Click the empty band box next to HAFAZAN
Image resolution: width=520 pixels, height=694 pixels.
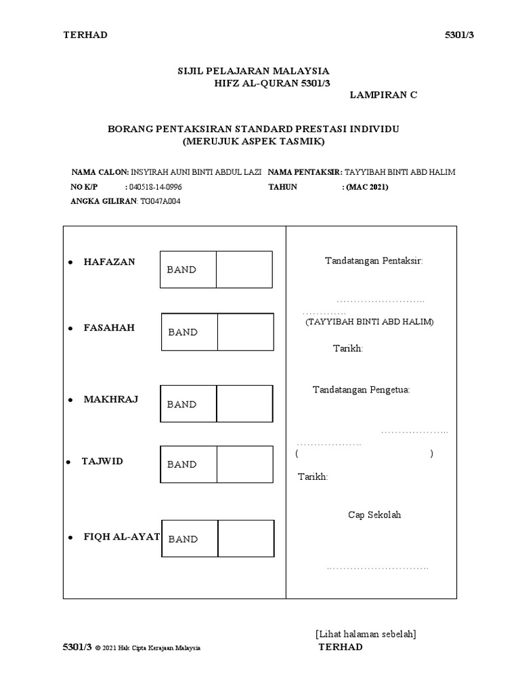pyautogui.click(x=244, y=269)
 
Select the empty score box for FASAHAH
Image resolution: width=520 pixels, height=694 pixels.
pyautogui.click(x=245, y=331)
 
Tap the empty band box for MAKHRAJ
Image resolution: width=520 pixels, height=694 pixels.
pyautogui.click(x=244, y=404)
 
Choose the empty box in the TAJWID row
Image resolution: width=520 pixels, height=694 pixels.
pyautogui.click(x=244, y=464)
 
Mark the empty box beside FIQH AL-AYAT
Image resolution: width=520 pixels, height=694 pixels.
pyautogui.click(x=246, y=539)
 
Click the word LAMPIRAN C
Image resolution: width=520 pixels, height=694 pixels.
pyautogui.click(x=383, y=95)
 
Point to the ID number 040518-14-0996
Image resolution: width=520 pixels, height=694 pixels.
pyautogui.click(x=155, y=186)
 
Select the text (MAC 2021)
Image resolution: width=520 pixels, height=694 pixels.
pyautogui.click(x=368, y=186)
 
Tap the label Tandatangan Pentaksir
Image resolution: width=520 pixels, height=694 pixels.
pyautogui.click(x=374, y=261)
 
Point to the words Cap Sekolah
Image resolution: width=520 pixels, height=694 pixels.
pyautogui.click(x=374, y=514)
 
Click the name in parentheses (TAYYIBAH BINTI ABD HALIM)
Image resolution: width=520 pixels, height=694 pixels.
pyautogui.click(x=369, y=322)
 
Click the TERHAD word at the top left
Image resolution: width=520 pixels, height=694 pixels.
pyautogui.click(x=85, y=35)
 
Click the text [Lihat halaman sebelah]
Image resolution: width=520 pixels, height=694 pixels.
pyautogui.click(x=366, y=634)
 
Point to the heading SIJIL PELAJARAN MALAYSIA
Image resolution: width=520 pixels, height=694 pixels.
pyautogui.click(x=253, y=70)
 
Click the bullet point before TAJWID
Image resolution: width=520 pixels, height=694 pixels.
pyautogui.click(x=69, y=462)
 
